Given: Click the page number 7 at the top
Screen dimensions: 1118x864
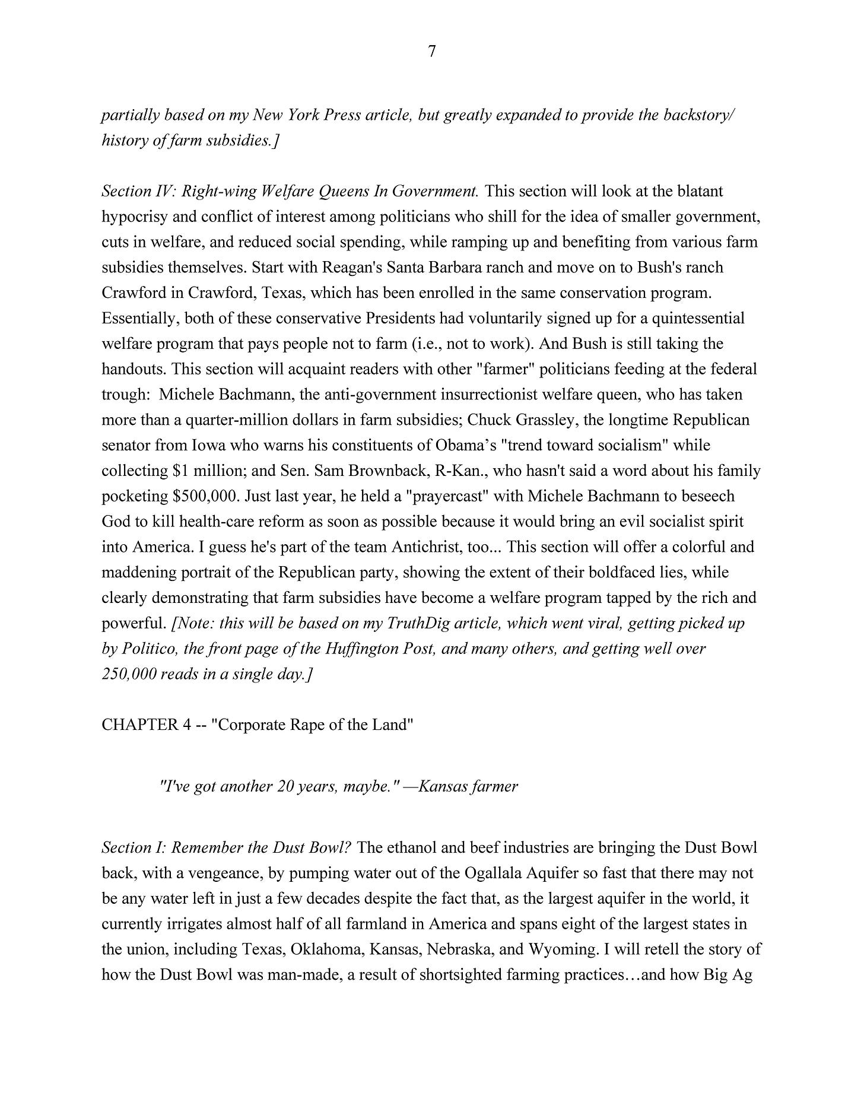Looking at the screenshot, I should (431, 52).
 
